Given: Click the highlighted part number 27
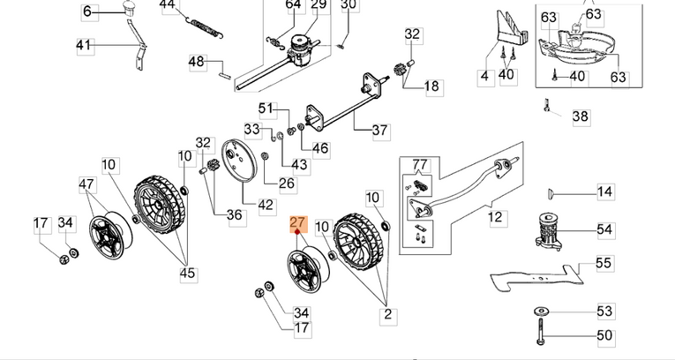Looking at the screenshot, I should tap(297, 224).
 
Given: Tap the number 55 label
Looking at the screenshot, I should tap(604, 263).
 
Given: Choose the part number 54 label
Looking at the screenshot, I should tap(604, 229).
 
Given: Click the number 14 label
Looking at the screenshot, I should tap(604, 191).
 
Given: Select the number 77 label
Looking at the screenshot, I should tap(420, 164).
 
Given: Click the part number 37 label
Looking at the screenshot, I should tap(379, 131).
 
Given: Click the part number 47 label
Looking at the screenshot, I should tap(86, 184).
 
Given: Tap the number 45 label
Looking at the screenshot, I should tap(187, 274).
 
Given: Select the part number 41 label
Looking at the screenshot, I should tap(84, 45).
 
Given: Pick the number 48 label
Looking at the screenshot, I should tap(196, 62).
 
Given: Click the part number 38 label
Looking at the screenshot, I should tap(580, 116).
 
